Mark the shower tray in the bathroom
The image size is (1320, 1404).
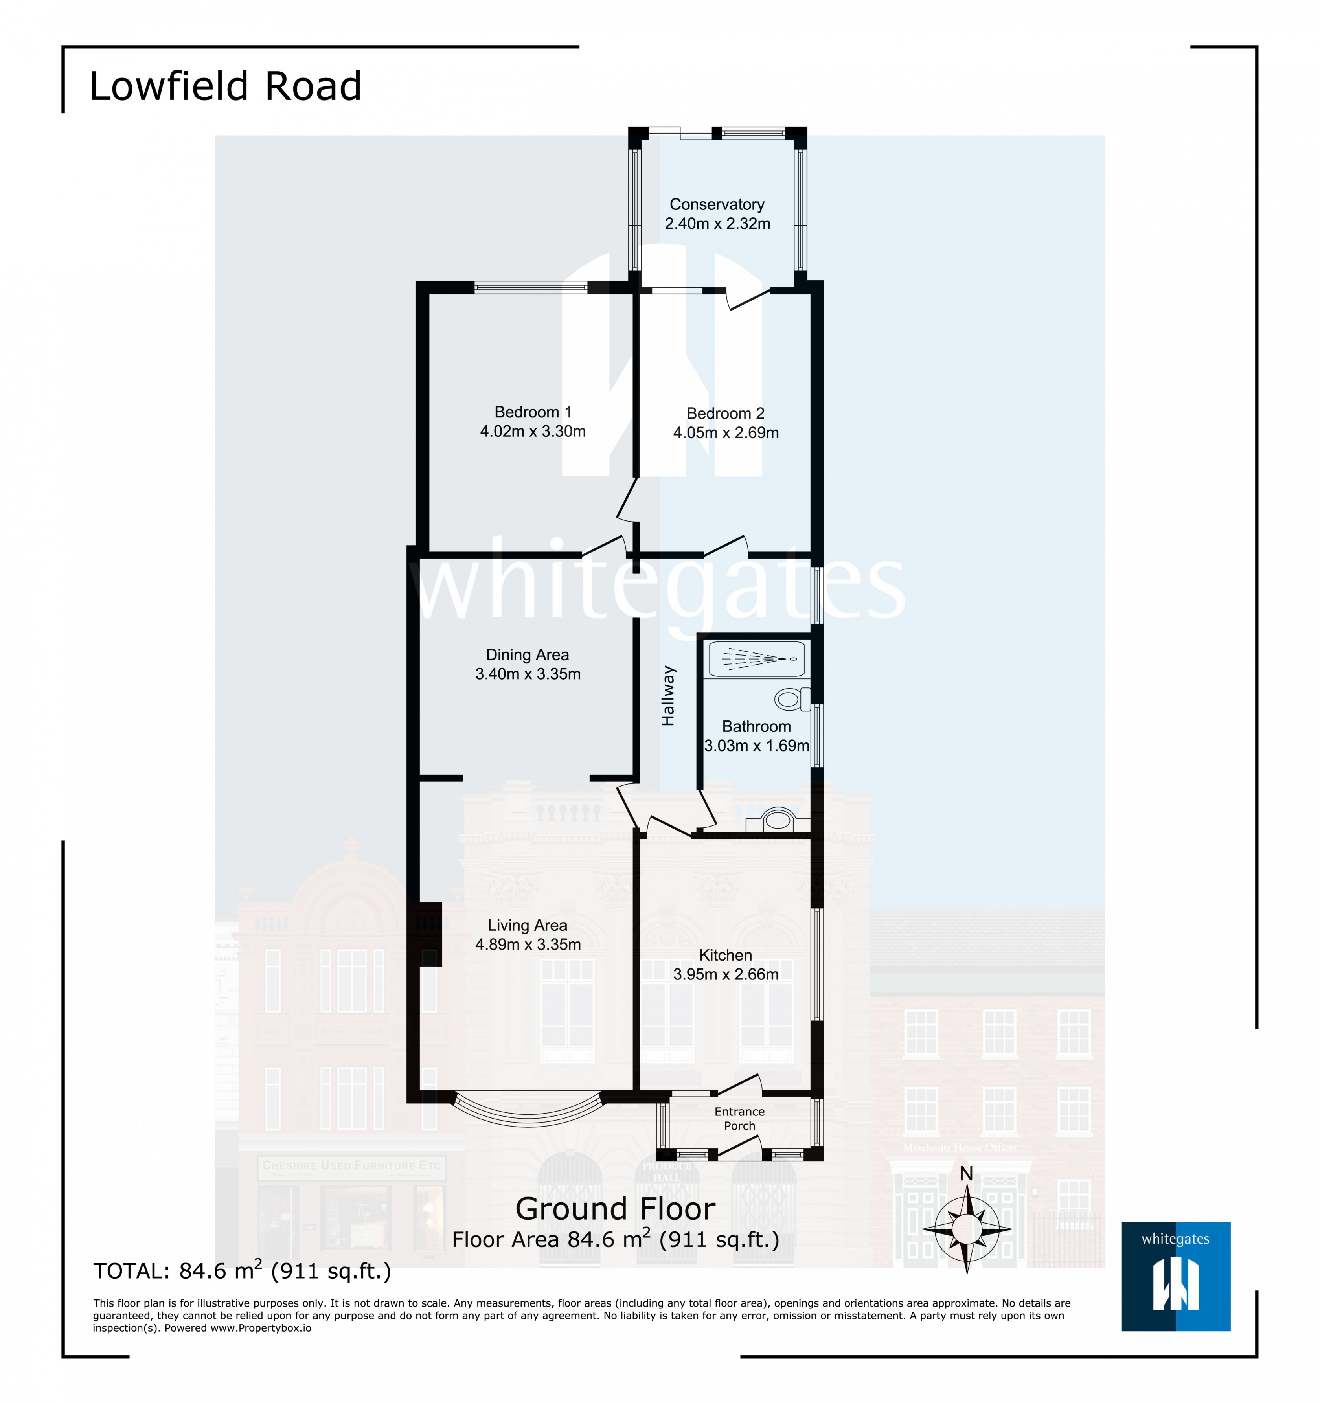coord(756,659)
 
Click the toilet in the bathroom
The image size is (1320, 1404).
coord(791,700)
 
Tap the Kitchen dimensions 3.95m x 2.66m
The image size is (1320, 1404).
coord(725,975)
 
